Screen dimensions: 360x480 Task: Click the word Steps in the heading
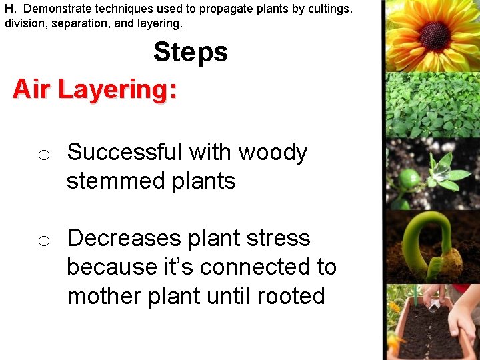[x=190, y=52]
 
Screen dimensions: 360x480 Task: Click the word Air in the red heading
[x=31, y=89]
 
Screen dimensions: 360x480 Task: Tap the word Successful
[x=119, y=153]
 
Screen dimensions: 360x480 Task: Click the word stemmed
[x=107, y=181]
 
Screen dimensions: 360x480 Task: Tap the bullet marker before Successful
[x=43, y=155]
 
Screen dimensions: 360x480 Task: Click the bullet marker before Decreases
[x=43, y=241]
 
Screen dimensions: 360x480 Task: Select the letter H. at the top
[x=10, y=9]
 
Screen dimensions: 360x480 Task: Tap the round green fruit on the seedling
[x=409, y=179]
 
